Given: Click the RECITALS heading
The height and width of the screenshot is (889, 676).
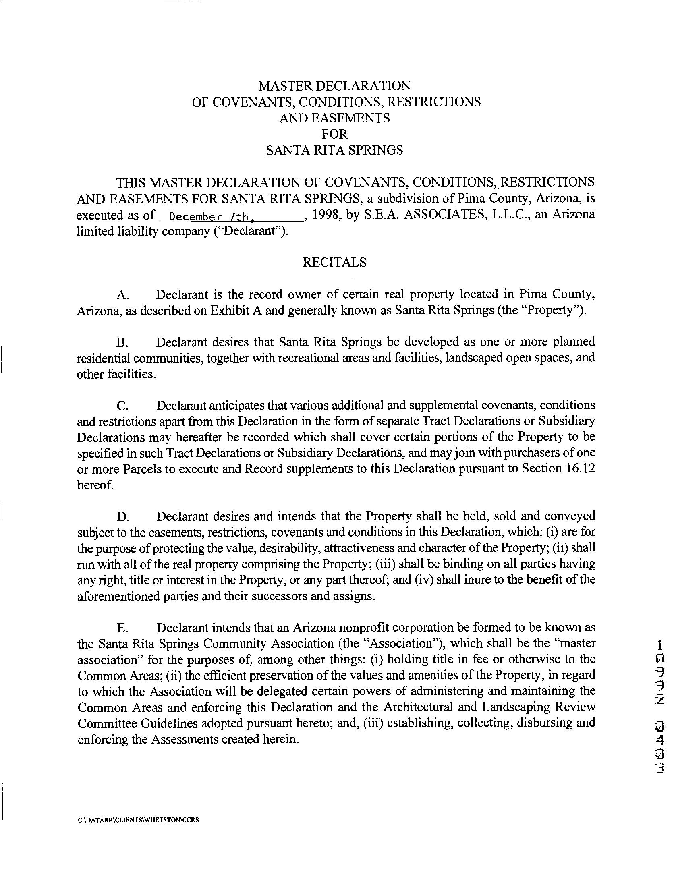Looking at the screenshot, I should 334,263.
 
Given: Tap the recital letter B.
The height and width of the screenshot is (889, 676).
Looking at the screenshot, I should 122,342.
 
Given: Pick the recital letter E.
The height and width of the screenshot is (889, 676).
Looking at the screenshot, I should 122,628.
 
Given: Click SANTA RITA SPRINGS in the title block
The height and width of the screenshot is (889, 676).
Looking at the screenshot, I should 334,150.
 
